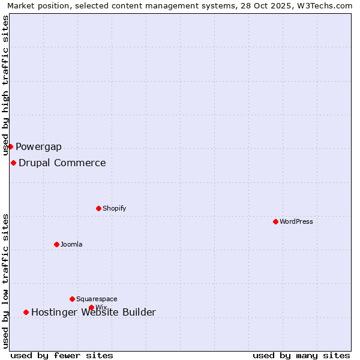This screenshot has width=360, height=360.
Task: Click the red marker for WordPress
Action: point(275,221)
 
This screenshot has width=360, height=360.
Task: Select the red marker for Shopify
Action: point(98,208)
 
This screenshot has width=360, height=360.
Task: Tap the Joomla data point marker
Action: point(56,244)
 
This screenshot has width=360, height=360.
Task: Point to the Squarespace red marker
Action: point(72,299)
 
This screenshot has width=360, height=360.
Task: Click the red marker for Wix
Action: point(91,307)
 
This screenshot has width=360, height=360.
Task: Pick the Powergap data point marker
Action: point(10,146)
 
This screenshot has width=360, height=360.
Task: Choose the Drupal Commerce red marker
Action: point(13,163)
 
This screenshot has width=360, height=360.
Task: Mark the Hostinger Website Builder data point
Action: point(26,312)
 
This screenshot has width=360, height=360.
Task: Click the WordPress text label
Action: point(296,222)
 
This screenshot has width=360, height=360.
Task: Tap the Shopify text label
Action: point(114,209)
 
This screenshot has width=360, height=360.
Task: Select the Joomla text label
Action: point(71,245)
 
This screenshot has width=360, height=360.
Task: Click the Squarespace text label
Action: point(97,299)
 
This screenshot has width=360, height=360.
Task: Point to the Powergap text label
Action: point(38,147)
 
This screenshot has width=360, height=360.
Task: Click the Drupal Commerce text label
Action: point(62,163)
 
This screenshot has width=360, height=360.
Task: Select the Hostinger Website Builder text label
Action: point(94,313)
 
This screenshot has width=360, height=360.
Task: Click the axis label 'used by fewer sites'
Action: point(62,355)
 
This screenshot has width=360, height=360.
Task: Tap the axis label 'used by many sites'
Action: point(301,355)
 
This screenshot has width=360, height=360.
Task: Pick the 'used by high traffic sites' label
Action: point(5,86)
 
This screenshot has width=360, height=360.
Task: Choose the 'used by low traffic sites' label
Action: point(5,281)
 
